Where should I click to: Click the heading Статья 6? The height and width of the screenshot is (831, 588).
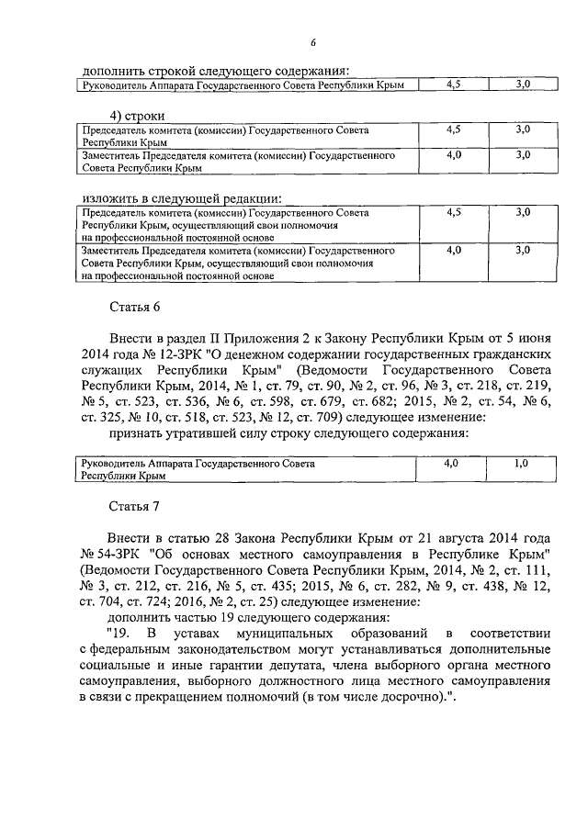[136, 309]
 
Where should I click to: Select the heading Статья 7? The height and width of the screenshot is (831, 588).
[136, 506]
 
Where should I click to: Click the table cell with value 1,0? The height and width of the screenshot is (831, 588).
[521, 465]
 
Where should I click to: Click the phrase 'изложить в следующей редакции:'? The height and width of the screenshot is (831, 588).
[182, 197]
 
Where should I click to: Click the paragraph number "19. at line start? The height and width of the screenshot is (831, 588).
[119, 633]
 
